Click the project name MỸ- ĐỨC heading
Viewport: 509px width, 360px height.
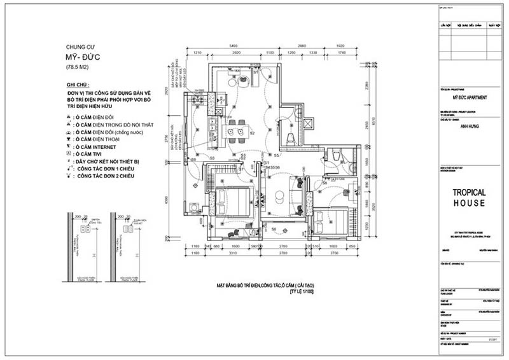tap(83, 57)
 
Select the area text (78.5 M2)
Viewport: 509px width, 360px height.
tap(78, 67)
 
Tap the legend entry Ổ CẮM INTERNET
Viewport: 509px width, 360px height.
tap(95, 145)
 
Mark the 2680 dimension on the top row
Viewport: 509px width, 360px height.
tap(302, 46)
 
